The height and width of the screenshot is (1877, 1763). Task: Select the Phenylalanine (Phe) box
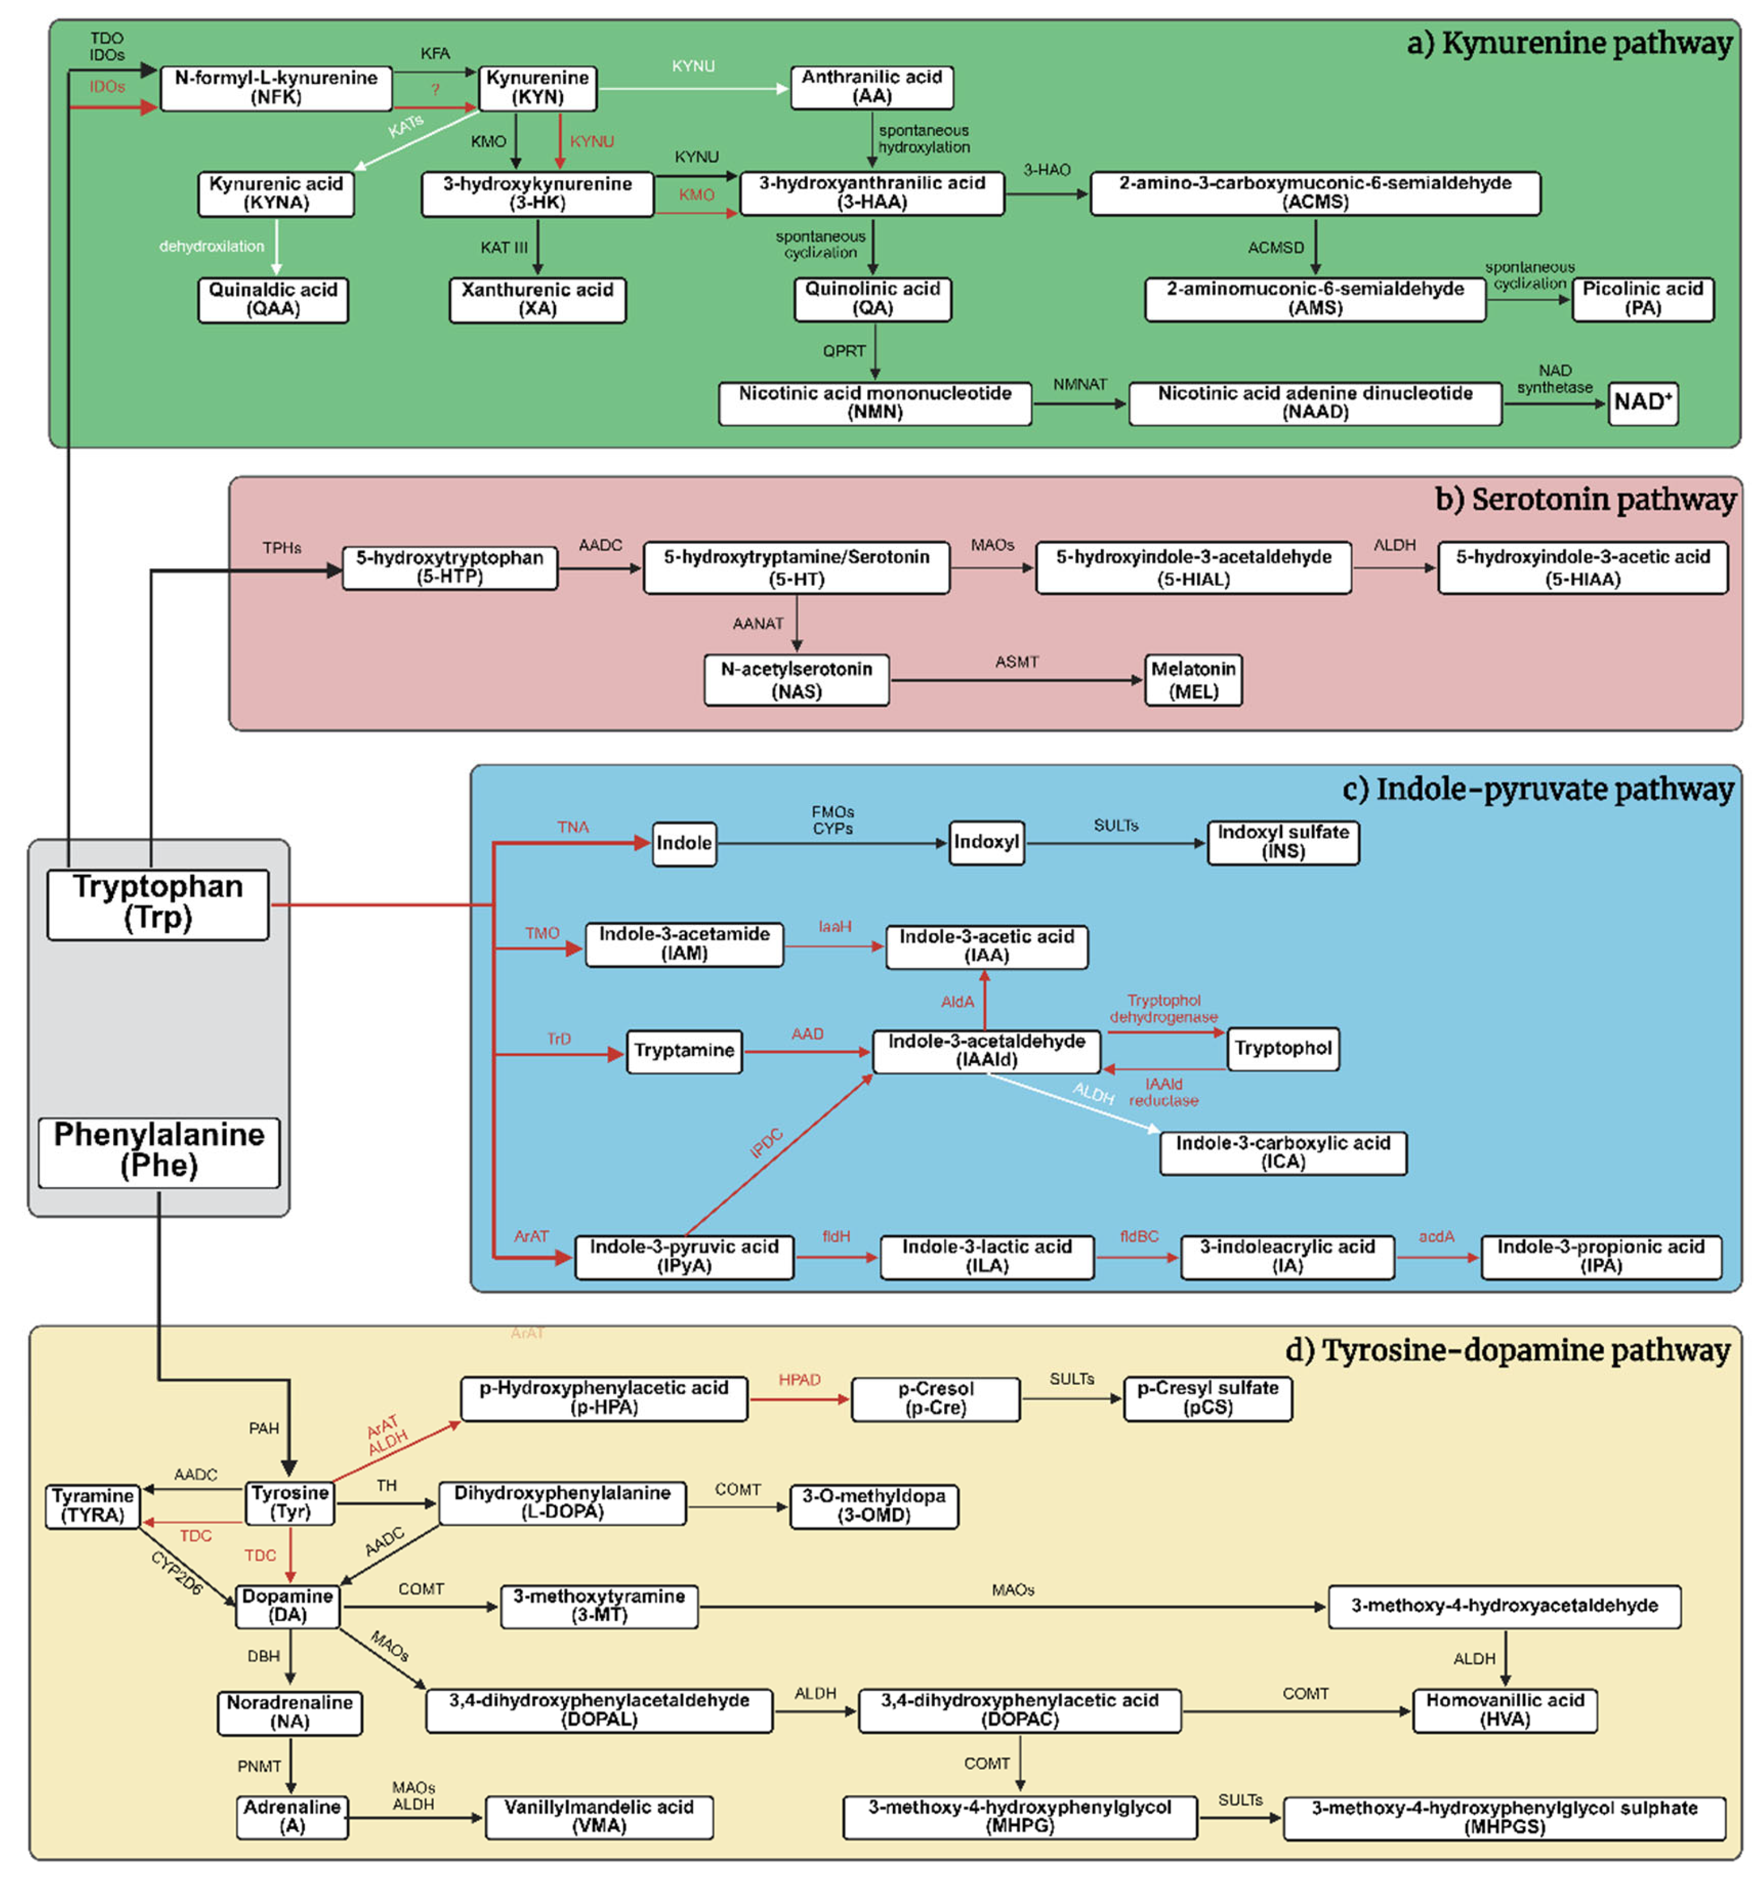coord(158,1150)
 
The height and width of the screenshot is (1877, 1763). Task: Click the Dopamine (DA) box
coord(287,1605)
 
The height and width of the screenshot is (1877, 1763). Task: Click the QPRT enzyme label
coord(843,351)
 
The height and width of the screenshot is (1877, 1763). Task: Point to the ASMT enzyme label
coord(1016,662)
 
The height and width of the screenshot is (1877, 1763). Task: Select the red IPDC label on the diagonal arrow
coord(766,1143)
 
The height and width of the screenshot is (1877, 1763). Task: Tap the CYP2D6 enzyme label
coord(176,1573)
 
